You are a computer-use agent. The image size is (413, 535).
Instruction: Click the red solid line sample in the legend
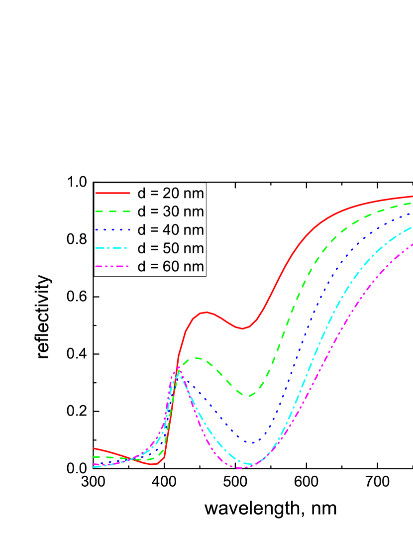[x=112, y=193]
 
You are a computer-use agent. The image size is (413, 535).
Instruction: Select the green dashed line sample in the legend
[x=112, y=211]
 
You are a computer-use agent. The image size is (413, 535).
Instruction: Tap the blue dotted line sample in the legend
[x=112, y=229]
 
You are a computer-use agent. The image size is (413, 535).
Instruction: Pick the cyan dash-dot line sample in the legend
[x=112, y=248]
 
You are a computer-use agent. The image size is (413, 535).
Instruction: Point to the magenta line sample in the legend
[x=112, y=266]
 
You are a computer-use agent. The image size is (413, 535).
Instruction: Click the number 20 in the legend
[x=172, y=193]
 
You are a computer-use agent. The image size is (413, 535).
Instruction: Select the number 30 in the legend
[x=172, y=212]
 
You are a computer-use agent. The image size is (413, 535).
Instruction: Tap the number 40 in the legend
[x=172, y=230]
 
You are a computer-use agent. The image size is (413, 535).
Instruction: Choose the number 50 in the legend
[x=172, y=248]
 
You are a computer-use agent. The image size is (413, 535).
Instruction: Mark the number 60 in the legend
[x=172, y=267]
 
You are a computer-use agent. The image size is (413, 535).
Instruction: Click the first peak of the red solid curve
[x=206, y=312]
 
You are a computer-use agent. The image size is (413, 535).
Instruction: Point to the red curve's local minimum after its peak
[x=242, y=328]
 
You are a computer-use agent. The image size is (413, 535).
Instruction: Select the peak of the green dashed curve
[x=197, y=357]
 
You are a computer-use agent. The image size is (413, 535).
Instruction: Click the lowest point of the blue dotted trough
[x=252, y=442]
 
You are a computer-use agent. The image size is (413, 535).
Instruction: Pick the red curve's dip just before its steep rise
[x=155, y=464]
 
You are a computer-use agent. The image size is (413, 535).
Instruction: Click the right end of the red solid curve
[x=412, y=196]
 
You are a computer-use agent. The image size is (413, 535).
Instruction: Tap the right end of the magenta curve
[x=412, y=244]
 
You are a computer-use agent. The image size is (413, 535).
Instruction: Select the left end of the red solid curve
[x=94, y=448]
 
